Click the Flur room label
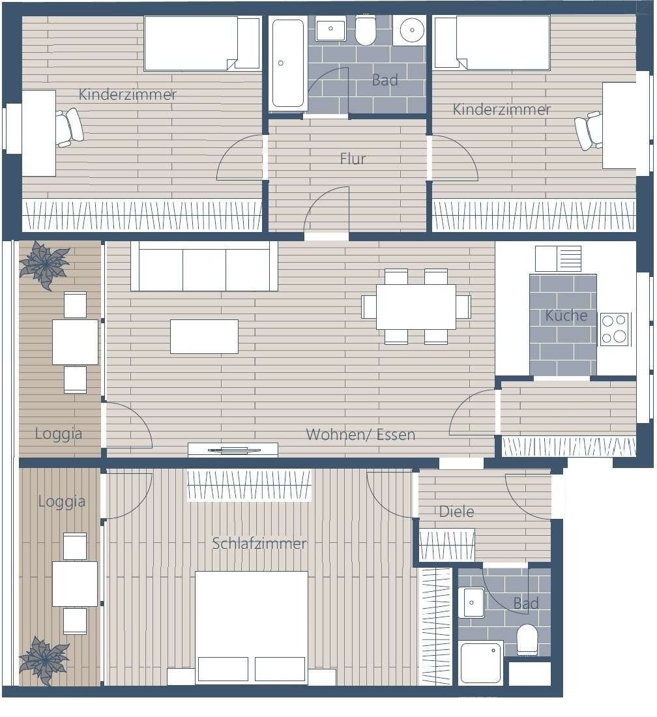click(x=353, y=158)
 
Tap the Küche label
click(x=566, y=315)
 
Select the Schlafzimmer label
click(x=259, y=543)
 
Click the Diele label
click(x=456, y=511)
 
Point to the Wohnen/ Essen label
click(x=360, y=434)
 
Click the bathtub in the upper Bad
click(x=287, y=63)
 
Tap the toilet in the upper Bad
click(x=365, y=30)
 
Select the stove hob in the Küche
click(x=614, y=329)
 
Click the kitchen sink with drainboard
click(x=558, y=259)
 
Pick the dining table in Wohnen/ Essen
click(x=416, y=306)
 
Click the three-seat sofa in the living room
click(x=204, y=266)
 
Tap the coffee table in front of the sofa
click(x=205, y=336)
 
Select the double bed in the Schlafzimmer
click(x=252, y=627)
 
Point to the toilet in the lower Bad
click(x=527, y=639)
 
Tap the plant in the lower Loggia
click(x=44, y=661)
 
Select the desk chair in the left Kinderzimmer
click(x=70, y=127)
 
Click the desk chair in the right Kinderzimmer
click(x=589, y=130)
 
